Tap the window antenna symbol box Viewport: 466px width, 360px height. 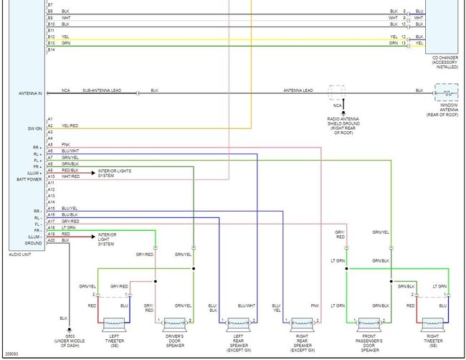[445, 93]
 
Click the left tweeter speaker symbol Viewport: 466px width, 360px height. [115, 325]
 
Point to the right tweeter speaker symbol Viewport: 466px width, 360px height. [433, 325]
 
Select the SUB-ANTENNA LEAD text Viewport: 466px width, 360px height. [100, 90]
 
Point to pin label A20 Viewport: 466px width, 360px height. [51, 240]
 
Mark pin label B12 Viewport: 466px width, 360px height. [51, 37]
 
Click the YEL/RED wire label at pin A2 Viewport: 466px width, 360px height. [70, 125]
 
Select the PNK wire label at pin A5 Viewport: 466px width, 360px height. [65, 144]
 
